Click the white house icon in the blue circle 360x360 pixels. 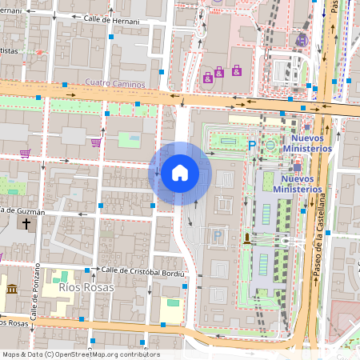[x=179, y=172]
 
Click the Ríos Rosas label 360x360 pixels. [x=86, y=286]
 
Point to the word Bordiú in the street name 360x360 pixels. [x=169, y=271]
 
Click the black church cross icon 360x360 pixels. [x=26, y=226]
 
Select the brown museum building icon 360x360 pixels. [x=11, y=288]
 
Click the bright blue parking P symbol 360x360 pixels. [x=251, y=145]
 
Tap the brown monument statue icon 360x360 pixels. [x=246, y=239]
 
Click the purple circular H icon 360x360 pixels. [x=302, y=39]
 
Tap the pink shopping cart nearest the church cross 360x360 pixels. [x=26, y=153]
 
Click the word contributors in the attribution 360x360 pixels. [x=142, y=354]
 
